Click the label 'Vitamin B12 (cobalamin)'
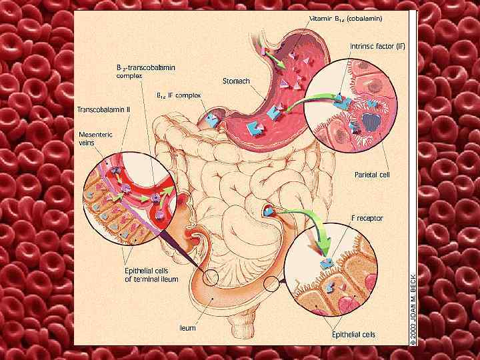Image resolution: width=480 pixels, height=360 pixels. click(x=347, y=19)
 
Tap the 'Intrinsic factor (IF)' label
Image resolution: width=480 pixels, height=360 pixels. click(x=377, y=47)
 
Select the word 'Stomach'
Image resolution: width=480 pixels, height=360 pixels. click(x=236, y=81)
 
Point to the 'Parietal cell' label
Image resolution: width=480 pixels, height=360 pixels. click(x=371, y=175)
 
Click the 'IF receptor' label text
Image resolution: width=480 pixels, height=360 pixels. click(x=369, y=218)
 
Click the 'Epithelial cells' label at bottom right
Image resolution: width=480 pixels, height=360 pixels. click(x=353, y=334)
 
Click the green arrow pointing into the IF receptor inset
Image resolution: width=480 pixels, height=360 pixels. click(x=313, y=233)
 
